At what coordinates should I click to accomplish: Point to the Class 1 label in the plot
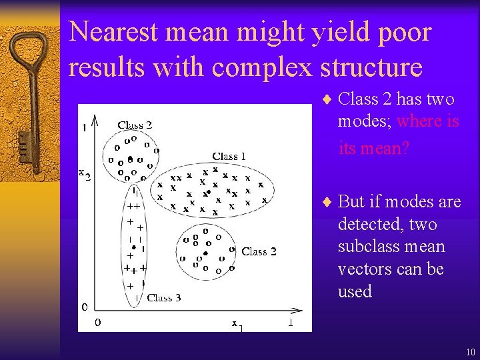pyautogui.click(x=229, y=156)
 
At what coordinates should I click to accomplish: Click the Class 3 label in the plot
pyautogui.click(x=163, y=298)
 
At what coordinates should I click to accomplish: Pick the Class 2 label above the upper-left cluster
pyautogui.click(x=135, y=125)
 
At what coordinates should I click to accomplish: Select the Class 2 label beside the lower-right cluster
pyautogui.click(x=259, y=251)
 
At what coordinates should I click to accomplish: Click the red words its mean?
pyautogui.click(x=374, y=148)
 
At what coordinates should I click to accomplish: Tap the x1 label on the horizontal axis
pyautogui.click(x=237, y=324)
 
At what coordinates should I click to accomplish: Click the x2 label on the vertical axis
pyautogui.click(x=84, y=174)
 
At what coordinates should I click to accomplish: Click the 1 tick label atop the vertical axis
pyautogui.click(x=84, y=129)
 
